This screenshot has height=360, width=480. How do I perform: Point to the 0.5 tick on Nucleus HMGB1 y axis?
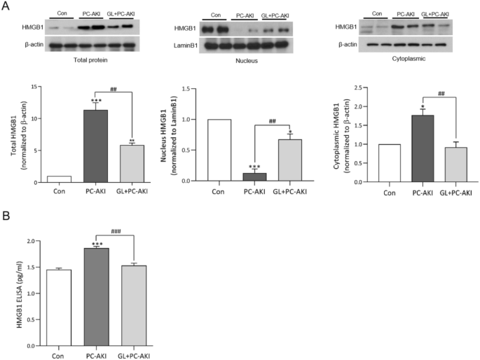coord(185,150)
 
